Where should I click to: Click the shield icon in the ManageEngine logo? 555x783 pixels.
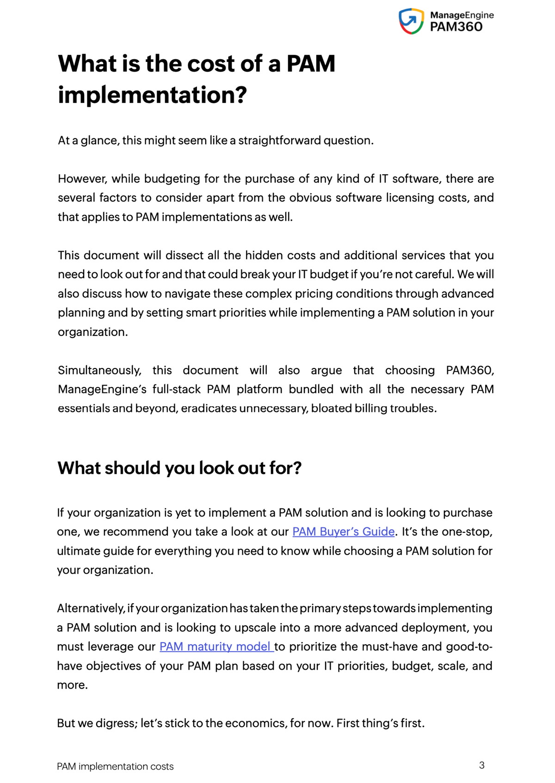coord(411,21)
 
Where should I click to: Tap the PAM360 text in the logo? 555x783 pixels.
coord(456,27)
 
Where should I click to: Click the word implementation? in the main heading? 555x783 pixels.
coord(152,95)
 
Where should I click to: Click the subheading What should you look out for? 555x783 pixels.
coord(179,468)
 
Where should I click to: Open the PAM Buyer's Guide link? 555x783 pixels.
coord(343,532)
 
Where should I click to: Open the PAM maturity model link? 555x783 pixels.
coord(216,647)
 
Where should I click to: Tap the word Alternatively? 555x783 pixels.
coord(91,609)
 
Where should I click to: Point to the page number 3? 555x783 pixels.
coord(481,765)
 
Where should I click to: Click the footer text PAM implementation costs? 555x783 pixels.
coord(115,767)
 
